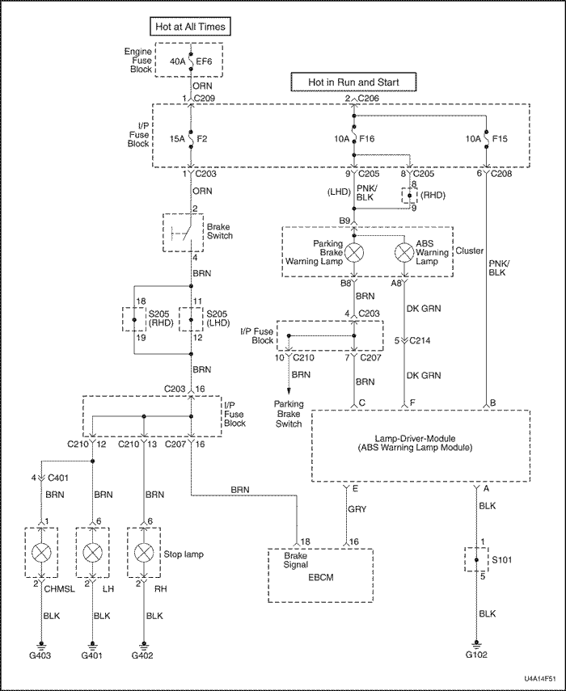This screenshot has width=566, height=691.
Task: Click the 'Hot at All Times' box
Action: (191, 27)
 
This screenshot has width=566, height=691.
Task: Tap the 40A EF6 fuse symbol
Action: (191, 60)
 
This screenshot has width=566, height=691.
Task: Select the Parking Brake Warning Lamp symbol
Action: (353, 251)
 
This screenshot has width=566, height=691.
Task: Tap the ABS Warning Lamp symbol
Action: (405, 251)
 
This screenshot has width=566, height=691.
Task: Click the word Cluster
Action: (471, 251)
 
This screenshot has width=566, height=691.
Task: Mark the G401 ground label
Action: (92, 655)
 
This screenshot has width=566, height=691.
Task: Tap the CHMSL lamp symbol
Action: (41, 552)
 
